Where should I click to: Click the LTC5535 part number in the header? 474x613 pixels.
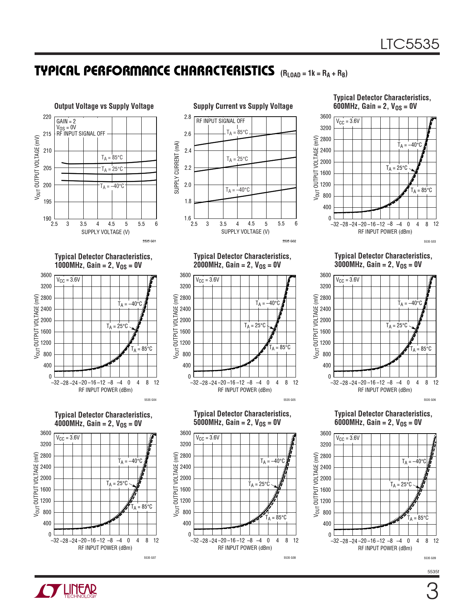(x=409, y=44)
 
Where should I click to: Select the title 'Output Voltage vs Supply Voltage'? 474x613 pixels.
(x=104, y=106)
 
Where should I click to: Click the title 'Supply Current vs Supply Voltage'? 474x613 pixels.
(x=243, y=106)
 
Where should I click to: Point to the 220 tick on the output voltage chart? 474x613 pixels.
(x=47, y=117)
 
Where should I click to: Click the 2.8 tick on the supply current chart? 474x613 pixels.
(x=187, y=117)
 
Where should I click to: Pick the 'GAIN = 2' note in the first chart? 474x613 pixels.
(x=66, y=121)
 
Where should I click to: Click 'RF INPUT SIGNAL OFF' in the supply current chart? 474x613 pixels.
(x=220, y=121)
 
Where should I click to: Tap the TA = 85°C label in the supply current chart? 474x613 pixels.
(x=237, y=133)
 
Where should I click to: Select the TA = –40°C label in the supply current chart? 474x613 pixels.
(x=238, y=190)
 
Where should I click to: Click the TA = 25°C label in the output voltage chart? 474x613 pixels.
(x=112, y=169)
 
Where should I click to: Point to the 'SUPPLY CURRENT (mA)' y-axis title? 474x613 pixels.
(x=177, y=167)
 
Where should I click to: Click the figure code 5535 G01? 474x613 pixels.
(x=149, y=241)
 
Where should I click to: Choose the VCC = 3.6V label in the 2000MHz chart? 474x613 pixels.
(x=207, y=280)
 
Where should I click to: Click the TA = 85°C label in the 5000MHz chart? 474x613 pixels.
(x=276, y=518)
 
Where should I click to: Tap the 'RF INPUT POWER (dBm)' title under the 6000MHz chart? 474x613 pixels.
(x=385, y=548)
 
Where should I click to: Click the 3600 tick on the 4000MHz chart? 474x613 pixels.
(x=46, y=433)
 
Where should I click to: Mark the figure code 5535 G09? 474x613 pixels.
(x=429, y=558)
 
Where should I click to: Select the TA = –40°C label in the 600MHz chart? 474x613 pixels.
(x=410, y=145)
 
